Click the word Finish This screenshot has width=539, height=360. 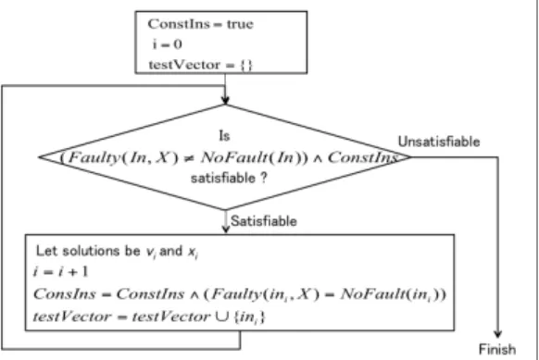[x=497, y=349]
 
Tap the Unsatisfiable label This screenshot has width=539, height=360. [x=439, y=142]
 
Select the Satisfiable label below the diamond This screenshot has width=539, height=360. [x=264, y=221]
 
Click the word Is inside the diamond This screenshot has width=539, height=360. [x=224, y=136]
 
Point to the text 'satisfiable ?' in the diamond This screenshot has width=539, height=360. [x=229, y=178]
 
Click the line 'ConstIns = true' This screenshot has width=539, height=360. [x=200, y=24]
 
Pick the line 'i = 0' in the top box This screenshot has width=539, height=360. [x=168, y=44]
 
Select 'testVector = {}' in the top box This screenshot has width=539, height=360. [x=200, y=65]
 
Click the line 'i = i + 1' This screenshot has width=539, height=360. [x=60, y=272]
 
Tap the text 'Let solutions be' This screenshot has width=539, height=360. [x=88, y=251]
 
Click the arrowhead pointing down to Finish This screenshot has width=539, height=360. [x=497, y=334]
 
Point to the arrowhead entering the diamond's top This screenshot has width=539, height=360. [x=225, y=100]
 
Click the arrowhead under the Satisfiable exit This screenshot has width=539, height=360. [x=225, y=230]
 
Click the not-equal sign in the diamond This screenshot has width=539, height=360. [x=190, y=157]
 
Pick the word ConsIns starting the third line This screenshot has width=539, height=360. [x=64, y=294]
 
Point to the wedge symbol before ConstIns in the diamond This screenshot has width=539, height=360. [x=318, y=158]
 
